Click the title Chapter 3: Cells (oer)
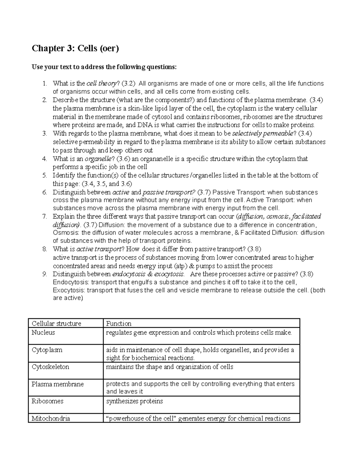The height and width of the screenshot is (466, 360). (x=75, y=49)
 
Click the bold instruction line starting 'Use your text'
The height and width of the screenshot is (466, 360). (x=104, y=67)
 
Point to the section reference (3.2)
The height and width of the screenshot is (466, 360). (x=128, y=83)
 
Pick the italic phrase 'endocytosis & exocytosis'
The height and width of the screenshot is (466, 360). (x=148, y=274)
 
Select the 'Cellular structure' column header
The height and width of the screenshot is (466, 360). (x=56, y=323)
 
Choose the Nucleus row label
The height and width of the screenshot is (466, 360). (x=43, y=332)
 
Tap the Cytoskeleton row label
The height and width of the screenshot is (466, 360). (x=50, y=367)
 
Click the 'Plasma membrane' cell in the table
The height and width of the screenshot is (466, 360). (x=58, y=384)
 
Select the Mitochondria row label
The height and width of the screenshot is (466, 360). (x=51, y=418)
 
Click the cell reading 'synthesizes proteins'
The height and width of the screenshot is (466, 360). (x=134, y=401)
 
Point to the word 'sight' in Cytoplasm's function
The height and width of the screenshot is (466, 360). (x=112, y=358)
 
